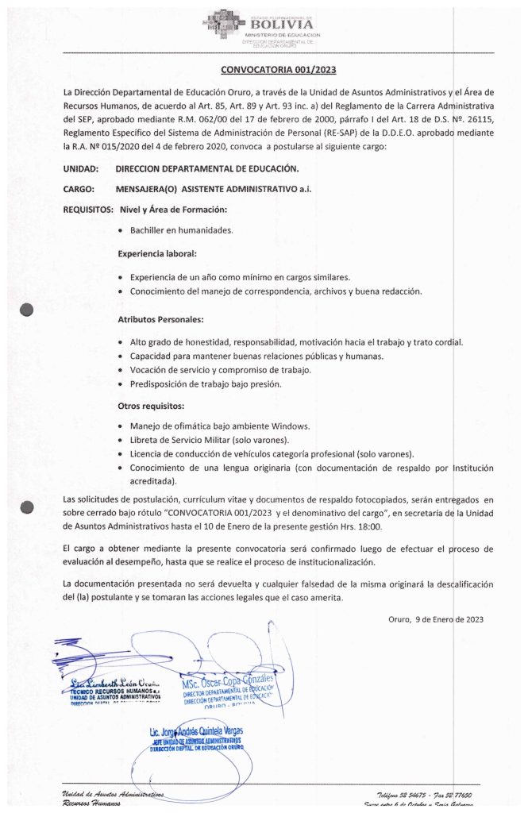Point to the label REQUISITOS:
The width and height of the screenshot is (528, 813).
click(x=87, y=210)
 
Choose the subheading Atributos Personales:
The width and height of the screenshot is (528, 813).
click(x=160, y=319)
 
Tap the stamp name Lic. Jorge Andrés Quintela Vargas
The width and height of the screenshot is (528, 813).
click(x=197, y=730)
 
